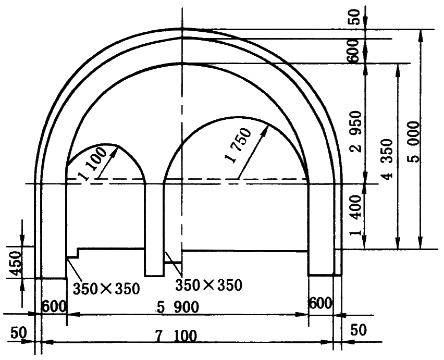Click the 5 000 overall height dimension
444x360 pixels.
[x=414, y=142]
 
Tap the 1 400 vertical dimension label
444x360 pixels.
[x=355, y=215]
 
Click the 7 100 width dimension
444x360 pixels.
[x=176, y=336]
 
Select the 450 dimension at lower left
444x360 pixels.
[x=15, y=263]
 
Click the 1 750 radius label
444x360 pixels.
[x=238, y=145]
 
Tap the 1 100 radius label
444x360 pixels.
[x=94, y=164]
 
